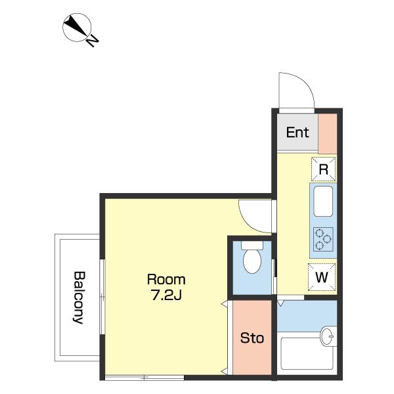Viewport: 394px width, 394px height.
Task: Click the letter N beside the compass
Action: (x=93, y=41)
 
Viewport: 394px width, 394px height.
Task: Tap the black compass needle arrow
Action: (x=76, y=26)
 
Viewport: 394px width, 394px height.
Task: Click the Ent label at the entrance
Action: (x=297, y=133)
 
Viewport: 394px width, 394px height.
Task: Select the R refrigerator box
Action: (x=323, y=169)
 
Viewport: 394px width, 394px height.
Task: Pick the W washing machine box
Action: (x=322, y=277)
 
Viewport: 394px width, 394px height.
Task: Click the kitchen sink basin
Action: (x=323, y=201)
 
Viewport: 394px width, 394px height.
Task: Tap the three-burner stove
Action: (x=323, y=239)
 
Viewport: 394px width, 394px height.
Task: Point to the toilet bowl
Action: (x=252, y=261)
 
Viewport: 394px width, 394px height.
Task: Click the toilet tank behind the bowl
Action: (x=252, y=245)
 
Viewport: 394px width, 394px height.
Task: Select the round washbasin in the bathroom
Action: (x=328, y=336)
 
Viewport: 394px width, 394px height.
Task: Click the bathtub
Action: (x=307, y=353)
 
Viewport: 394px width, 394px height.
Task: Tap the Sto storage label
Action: (x=252, y=338)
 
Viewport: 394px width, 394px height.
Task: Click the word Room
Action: (x=166, y=280)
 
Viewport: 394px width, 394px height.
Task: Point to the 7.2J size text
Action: (x=166, y=295)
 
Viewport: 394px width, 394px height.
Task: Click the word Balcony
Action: (x=79, y=297)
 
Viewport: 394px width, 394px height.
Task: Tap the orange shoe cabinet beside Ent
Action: (x=328, y=134)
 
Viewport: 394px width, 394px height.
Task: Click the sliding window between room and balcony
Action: (x=102, y=297)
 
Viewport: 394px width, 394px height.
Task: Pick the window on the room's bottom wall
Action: (x=144, y=378)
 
